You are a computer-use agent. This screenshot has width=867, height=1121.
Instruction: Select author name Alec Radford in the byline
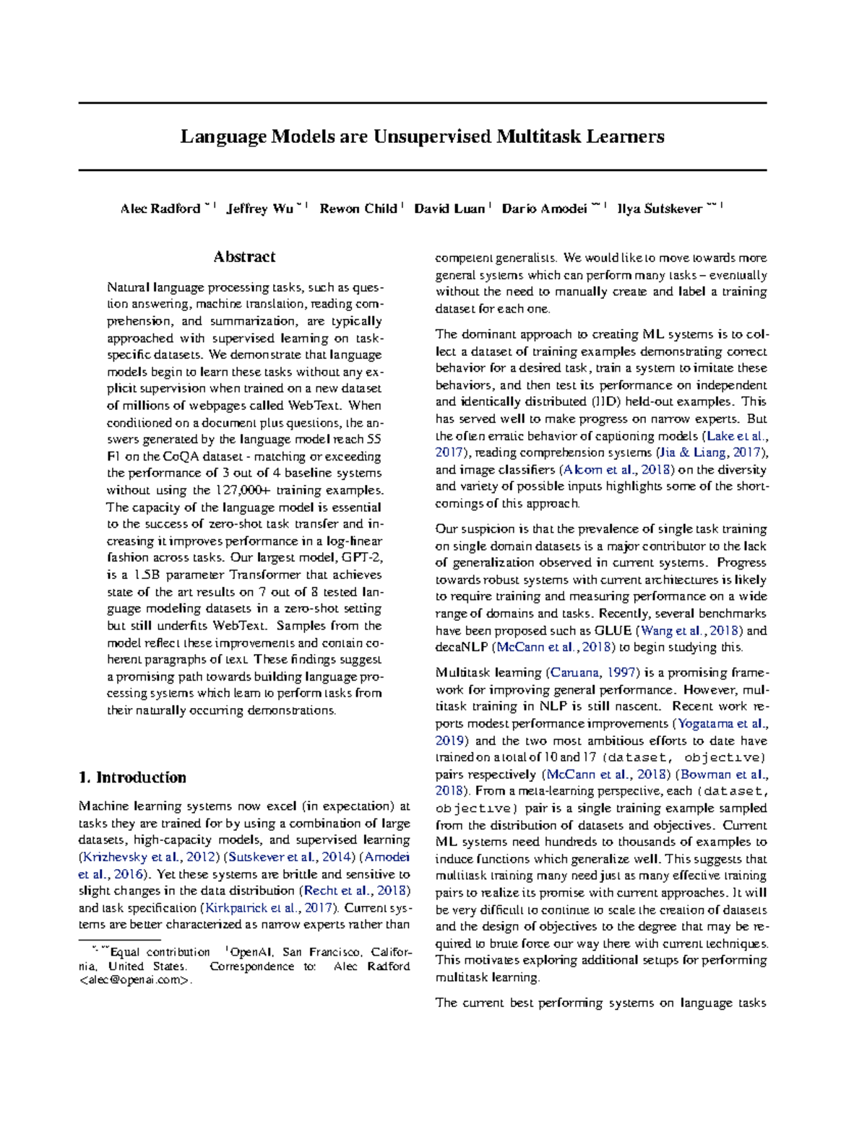click(160, 209)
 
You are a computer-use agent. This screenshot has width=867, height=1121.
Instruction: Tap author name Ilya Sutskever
click(659, 209)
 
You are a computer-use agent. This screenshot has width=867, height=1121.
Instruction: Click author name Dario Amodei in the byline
click(544, 209)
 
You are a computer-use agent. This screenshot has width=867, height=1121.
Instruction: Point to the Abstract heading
click(244, 257)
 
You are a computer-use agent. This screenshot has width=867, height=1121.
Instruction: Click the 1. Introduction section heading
click(132, 777)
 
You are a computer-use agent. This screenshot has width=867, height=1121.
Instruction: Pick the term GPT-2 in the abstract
click(361, 558)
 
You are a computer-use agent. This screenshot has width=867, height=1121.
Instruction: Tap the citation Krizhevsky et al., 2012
click(147, 858)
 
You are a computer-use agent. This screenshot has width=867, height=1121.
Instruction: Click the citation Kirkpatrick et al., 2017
click(269, 908)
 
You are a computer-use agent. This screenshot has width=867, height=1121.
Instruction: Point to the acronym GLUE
click(613, 630)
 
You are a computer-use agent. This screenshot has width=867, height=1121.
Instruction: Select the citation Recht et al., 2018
click(355, 891)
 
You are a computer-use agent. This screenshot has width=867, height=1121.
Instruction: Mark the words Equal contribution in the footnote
click(160, 952)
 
